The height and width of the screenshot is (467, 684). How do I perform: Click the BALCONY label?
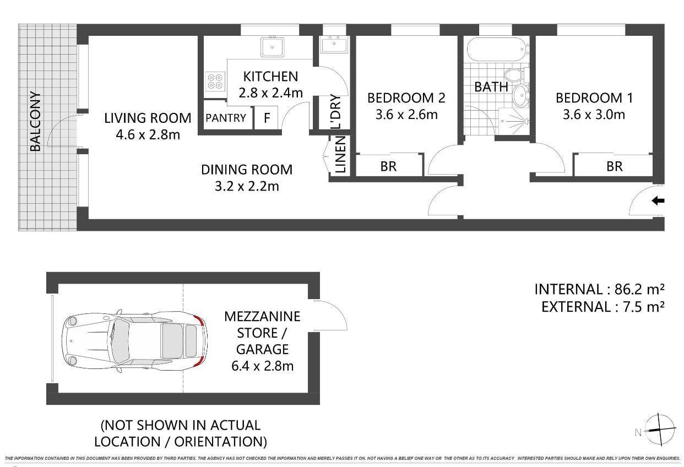(35, 122)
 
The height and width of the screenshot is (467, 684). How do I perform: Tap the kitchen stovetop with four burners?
(215, 81)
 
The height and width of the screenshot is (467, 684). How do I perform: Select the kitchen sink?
(273, 47)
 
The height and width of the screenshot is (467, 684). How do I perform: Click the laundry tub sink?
(334, 45)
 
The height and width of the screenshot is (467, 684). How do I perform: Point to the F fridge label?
(267, 118)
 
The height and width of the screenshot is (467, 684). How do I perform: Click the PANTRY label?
(226, 118)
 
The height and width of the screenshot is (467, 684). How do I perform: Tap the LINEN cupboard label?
(340, 155)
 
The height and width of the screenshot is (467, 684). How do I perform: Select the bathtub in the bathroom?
(497, 50)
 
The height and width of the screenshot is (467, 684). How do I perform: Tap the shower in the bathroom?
(514, 121)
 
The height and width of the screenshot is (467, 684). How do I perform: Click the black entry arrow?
(658, 201)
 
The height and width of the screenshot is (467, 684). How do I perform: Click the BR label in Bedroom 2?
(388, 166)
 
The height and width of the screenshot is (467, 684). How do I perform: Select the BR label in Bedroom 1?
(615, 166)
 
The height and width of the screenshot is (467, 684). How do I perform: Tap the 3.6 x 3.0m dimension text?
(594, 115)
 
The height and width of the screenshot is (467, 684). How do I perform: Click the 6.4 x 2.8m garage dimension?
(262, 366)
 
